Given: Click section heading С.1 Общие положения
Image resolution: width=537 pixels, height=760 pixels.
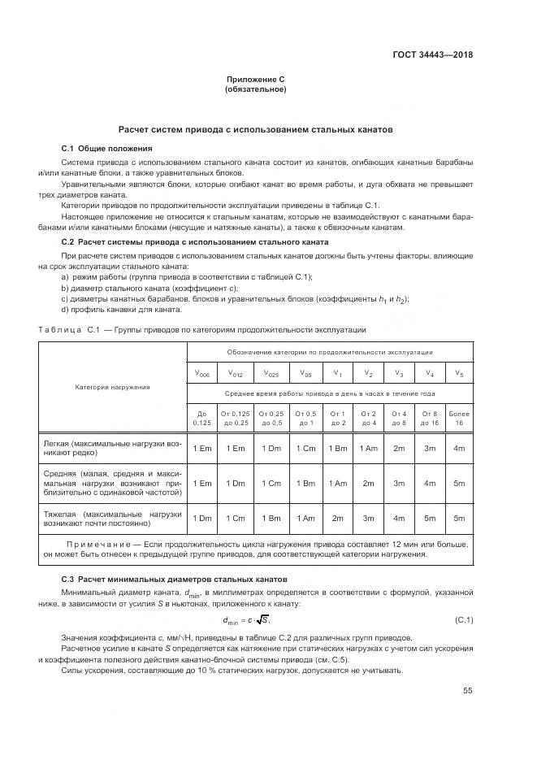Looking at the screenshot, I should [x=106, y=149].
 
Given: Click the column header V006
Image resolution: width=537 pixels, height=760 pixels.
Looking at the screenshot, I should [x=202, y=375].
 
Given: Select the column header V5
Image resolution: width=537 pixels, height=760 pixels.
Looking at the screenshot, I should [x=459, y=375].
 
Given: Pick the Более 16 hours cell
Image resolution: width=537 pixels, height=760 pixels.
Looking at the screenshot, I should [x=459, y=418].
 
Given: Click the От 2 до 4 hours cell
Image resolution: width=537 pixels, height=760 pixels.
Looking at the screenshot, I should [x=369, y=418].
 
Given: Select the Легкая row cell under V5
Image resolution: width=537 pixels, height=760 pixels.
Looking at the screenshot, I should [x=459, y=448].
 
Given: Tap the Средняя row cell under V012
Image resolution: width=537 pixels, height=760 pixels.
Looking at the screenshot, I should [x=236, y=483].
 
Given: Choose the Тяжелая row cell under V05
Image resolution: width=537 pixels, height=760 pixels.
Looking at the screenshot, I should [x=305, y=518].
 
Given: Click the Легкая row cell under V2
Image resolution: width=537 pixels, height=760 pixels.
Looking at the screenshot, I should [x=369, y=448].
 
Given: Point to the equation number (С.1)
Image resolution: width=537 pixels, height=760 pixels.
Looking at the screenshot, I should [x=464, y=622].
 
